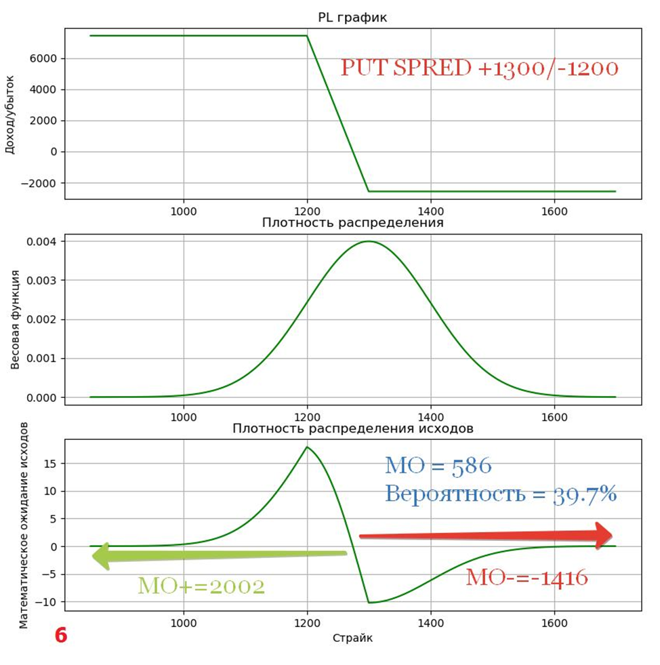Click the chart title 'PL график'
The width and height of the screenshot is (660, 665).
[x=352, y=18]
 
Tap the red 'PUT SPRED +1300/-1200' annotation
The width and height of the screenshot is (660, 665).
[x=479, y=68]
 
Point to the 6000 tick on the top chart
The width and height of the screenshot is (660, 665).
[x=43, y=58]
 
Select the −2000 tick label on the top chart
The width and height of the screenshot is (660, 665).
[x=38, y=183]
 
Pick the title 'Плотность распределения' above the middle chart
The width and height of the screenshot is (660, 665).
[x=352, y=222]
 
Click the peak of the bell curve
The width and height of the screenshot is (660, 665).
[x=368, y=241]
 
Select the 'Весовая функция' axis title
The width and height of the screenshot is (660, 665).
[x=15, y=319]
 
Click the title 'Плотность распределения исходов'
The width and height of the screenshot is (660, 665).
[x=352, y=428]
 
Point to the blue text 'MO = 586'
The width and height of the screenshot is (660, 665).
[x=438, y=466]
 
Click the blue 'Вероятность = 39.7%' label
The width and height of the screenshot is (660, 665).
[x=501, y=494]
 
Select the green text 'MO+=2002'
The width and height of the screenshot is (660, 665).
[x=201, y=586]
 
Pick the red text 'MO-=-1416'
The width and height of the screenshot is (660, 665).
[x=527, y=578]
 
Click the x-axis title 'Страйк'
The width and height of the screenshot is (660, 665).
[x=352, y=638]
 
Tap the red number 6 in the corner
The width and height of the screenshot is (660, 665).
[x=61, y=636]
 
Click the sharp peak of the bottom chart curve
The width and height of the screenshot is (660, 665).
[x=307, y=447]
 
